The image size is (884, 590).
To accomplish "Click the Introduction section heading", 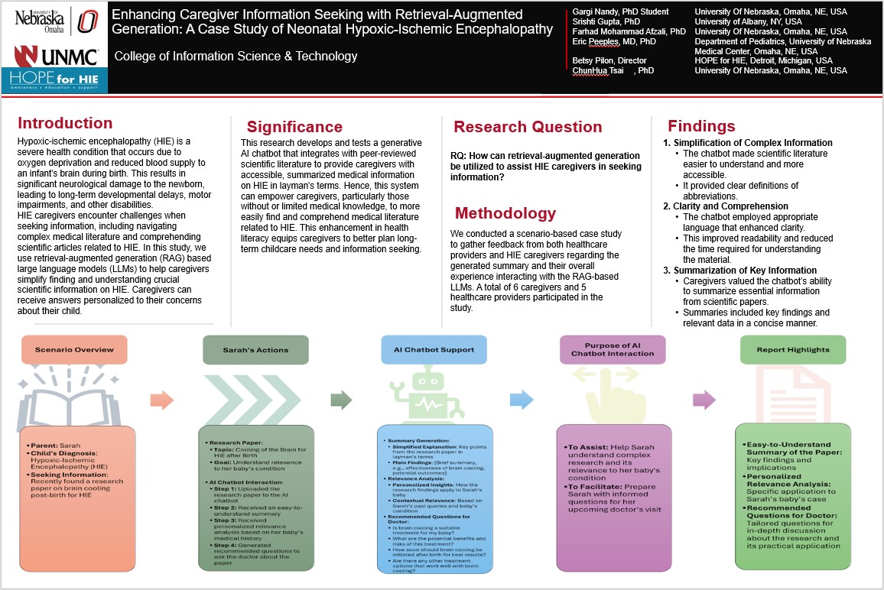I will (x=65, y=124).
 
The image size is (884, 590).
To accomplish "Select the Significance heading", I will (x=294, y=127).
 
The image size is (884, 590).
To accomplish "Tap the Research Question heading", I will (x=528, y=127).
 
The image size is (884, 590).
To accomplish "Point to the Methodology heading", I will (x=505, y=212).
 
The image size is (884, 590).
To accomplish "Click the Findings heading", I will (x=701, y=126).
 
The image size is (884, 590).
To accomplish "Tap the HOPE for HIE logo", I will (x=54, y=81).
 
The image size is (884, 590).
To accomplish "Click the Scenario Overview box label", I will (x=74, y=350).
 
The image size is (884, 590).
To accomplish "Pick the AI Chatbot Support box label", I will (x=434, y=350).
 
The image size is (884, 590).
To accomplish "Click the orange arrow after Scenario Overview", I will (x=161, y=399).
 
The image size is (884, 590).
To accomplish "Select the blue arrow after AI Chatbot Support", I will (x=522, y=399).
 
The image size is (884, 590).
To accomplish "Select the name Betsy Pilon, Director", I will (x=609, y=60).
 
